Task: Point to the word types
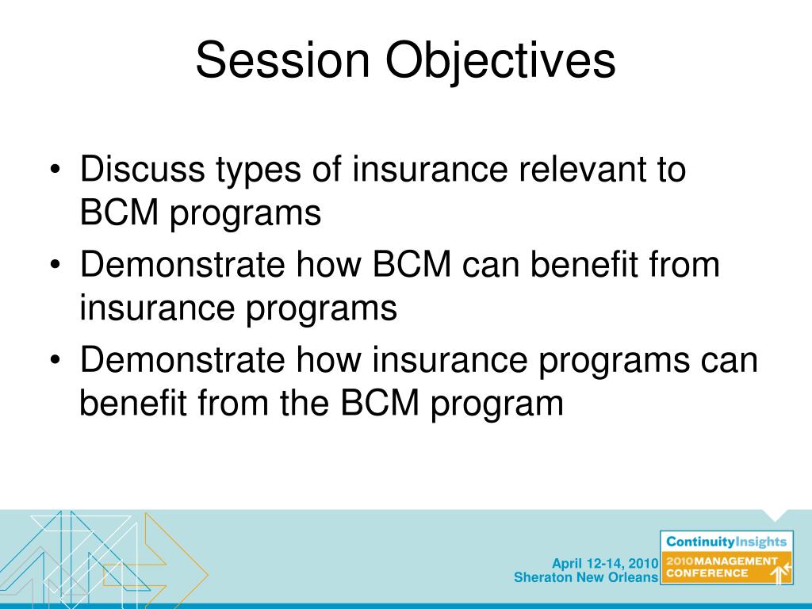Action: [259, 171]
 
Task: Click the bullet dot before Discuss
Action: [56, 170]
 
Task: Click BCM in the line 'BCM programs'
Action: [119, 212]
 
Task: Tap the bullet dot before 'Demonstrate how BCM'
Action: [56, 265]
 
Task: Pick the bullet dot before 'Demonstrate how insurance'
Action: [56, 361]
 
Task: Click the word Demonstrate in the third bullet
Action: [182, 359]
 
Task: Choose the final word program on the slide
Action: [497, 405]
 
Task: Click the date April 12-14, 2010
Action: [605, 564]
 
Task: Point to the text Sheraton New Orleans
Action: [586, 577]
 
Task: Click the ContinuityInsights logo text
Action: [726, 542]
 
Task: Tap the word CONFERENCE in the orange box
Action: [707, 573]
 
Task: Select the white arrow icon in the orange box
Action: [780, 573]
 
